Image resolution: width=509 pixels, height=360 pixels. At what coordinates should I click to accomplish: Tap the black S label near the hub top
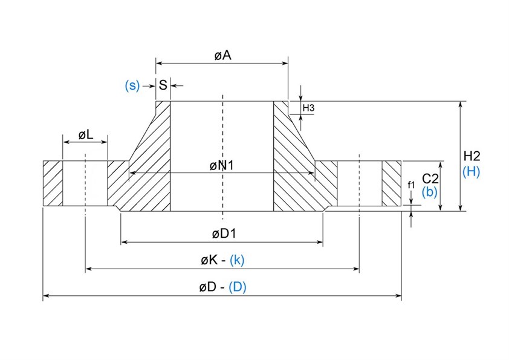click(x=163, y=85)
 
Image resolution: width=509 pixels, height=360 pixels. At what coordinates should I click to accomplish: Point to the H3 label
click(x=308, y=108)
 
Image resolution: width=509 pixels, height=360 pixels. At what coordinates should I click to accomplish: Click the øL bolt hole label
click(x=85, y=135)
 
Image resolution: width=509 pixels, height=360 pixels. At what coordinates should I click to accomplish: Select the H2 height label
click(x=471, y=155)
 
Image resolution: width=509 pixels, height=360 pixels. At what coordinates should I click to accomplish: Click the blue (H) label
click(x=471, y=171)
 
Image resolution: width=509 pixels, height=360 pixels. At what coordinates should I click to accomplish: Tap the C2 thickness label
click(x=430, y=178)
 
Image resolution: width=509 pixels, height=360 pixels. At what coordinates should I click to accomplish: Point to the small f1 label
click(x=412, y=185)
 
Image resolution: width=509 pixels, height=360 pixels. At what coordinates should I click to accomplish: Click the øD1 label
click(x=222, y=234)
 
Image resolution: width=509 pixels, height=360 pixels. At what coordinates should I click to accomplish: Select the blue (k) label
click(x=237, y=260)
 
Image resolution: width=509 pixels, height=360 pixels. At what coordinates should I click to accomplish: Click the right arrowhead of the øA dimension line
click(x=285, y=62)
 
